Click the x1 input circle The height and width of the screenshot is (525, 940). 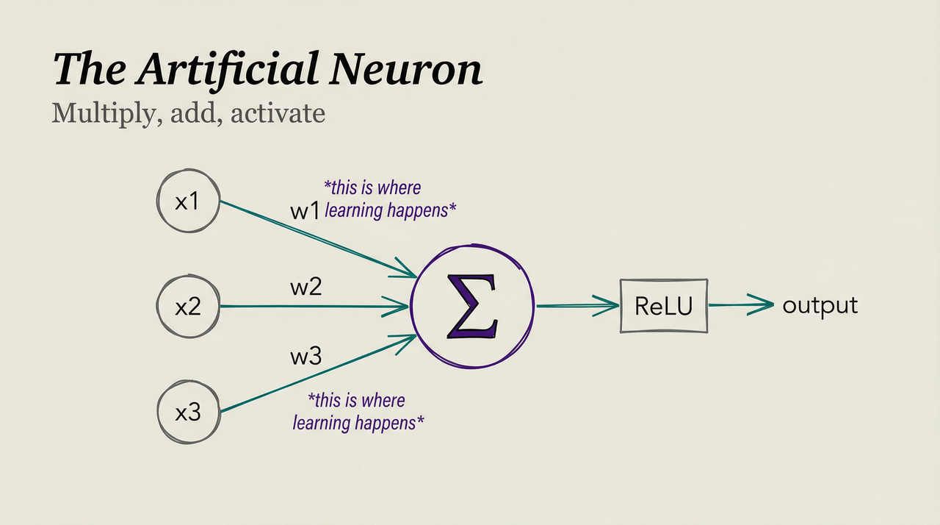189,201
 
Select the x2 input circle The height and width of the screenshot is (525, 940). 189,306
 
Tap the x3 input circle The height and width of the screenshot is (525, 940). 189,413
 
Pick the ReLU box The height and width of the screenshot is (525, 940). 664,306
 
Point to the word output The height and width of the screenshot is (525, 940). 820,305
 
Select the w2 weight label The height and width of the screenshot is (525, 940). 306,287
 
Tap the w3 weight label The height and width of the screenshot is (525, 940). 306,358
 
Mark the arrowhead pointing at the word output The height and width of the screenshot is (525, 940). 762,304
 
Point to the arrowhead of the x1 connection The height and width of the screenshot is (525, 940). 405,271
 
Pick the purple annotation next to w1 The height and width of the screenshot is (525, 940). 390,199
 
